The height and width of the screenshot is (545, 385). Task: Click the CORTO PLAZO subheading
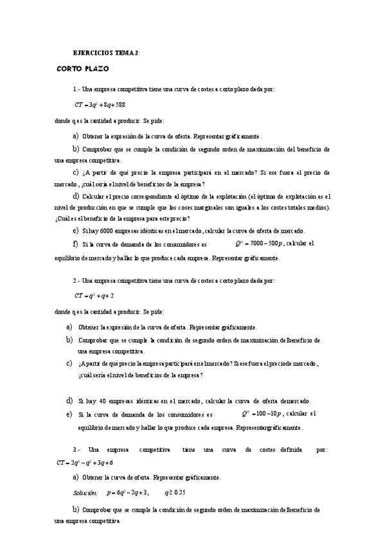tap(83, 68)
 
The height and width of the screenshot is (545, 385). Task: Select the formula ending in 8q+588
tap(100, 104)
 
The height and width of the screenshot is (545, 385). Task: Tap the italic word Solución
tap(85, 493)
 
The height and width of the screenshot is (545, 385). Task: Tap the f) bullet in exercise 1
tap(75, 244)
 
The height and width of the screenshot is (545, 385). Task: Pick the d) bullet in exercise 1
tap(76, 195)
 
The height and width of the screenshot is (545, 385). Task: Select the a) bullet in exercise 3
tap(76, 477)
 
